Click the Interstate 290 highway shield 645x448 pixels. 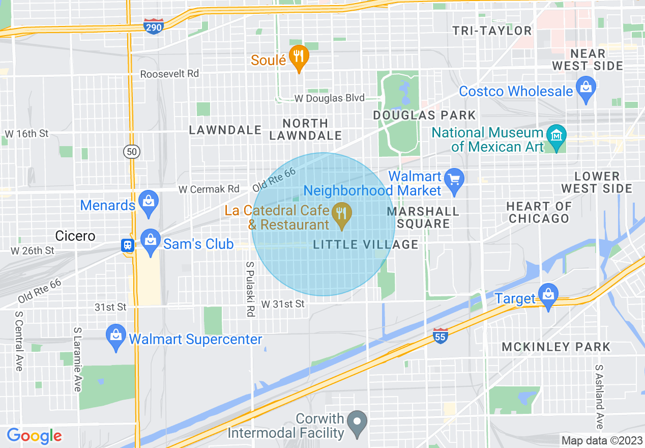pos(153,26)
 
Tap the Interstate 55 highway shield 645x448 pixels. pos(441,336)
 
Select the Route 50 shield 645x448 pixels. pos(131,151)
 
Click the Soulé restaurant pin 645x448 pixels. pos(298,57)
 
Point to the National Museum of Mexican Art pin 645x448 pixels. pos(557,136)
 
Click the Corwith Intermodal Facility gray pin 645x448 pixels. pos(358,423)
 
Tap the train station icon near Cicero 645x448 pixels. pos(127,245)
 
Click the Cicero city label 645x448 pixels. pos(75,236)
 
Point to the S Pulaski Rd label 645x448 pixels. pos(250,290)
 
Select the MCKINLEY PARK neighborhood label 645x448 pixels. pos(555,347)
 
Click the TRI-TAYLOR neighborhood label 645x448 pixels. pos(492,31)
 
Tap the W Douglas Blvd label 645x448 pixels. pos(330,98)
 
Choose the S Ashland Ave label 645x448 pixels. pos(599,397)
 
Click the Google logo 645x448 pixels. pos(34,436)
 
